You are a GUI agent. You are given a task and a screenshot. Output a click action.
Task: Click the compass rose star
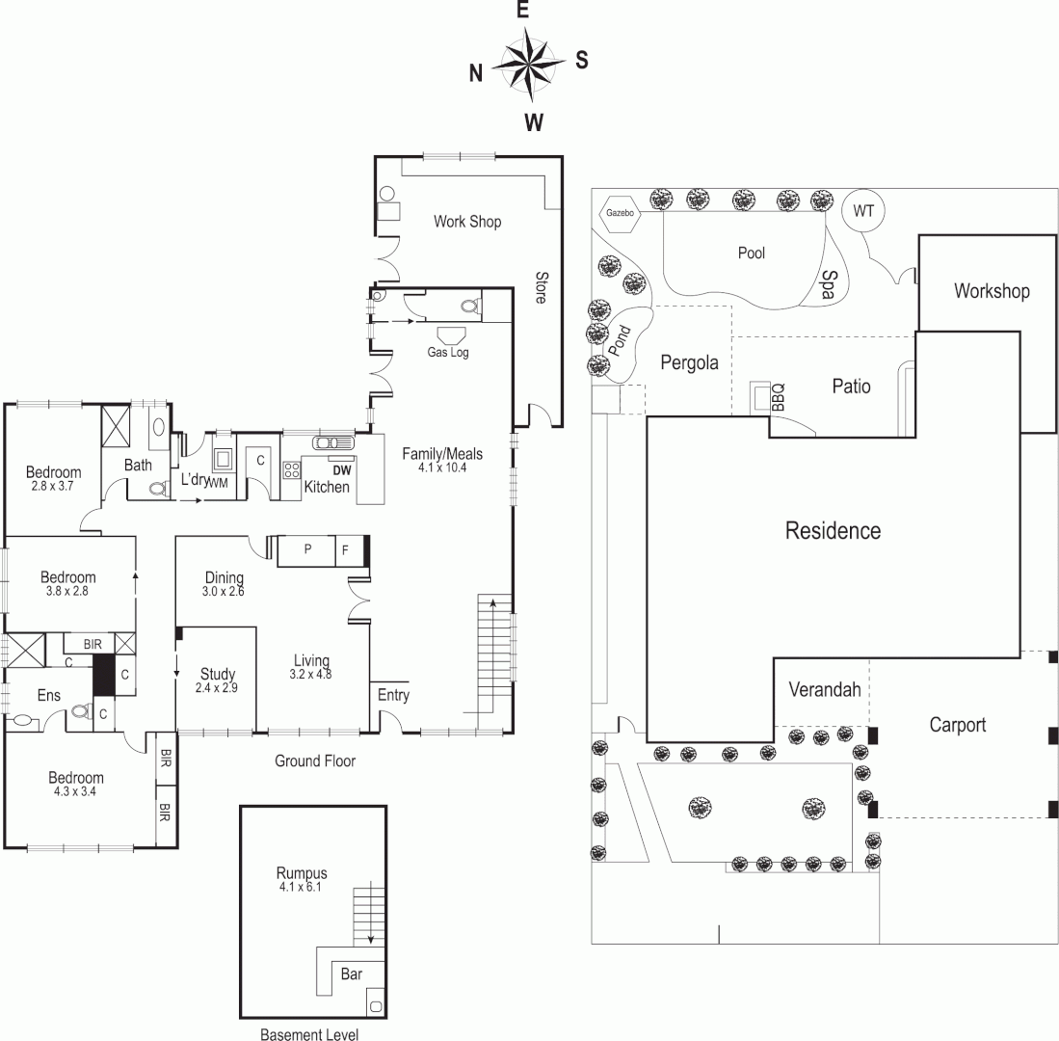tap(528, 65)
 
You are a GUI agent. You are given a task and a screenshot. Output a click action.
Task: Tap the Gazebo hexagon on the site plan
tap(620, 213)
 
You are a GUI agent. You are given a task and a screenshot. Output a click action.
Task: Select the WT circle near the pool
tap(862, 212)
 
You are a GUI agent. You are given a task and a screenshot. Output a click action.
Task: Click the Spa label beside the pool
tap(829, 286)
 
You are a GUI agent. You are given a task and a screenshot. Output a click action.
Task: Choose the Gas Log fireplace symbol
tap(450, 335)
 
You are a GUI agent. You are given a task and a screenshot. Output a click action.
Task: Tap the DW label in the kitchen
tap(341, 469)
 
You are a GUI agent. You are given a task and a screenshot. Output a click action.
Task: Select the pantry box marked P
tap(306, 549)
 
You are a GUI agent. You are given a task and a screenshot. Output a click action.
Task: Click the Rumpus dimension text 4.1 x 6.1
tap(301, 887)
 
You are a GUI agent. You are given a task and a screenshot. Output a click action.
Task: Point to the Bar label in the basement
tap(352, 974)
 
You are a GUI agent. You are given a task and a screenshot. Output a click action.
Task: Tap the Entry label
tap(393, 695)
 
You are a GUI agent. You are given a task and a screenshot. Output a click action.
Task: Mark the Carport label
tap(957, 725)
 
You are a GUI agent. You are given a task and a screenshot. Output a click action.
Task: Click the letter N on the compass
tap(475, 73)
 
